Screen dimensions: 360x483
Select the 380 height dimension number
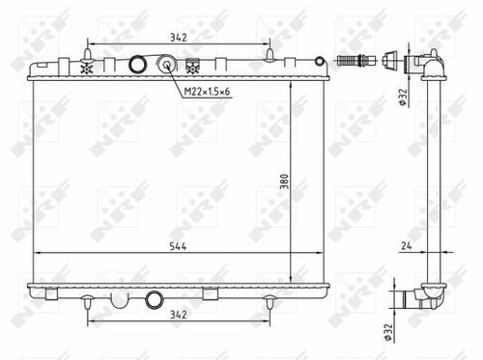click(x=285, y=179)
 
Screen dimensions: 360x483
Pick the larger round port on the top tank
click(x=137, y=66)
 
